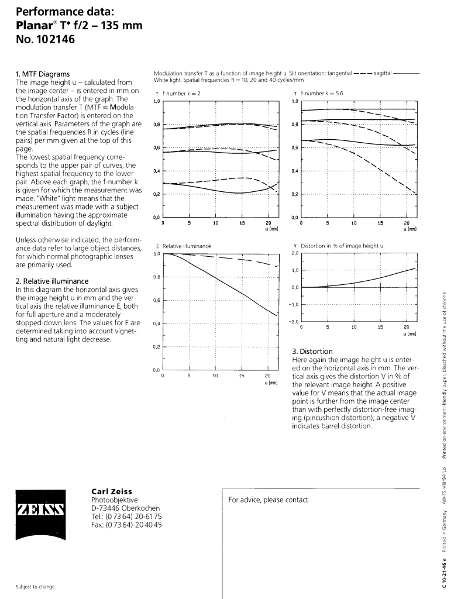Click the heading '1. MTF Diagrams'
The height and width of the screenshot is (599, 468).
click(42, 74)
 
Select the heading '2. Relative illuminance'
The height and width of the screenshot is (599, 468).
click(52, 281)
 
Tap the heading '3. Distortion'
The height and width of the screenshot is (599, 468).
click(312, 351)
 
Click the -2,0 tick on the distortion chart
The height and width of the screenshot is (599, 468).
click(295, 322)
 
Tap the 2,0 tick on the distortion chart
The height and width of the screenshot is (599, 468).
click(295, 253)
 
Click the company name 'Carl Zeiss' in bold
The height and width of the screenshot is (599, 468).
click(112, 491)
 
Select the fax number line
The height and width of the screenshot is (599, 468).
click(126, 525)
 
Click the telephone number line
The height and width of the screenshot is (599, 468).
click(126, 517)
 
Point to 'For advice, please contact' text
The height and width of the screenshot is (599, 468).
click(268, 500)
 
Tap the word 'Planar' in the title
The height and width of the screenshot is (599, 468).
click(35, 26)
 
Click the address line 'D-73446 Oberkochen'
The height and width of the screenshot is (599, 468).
click(125, 508)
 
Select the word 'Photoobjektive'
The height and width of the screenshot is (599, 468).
click(114, 500)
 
